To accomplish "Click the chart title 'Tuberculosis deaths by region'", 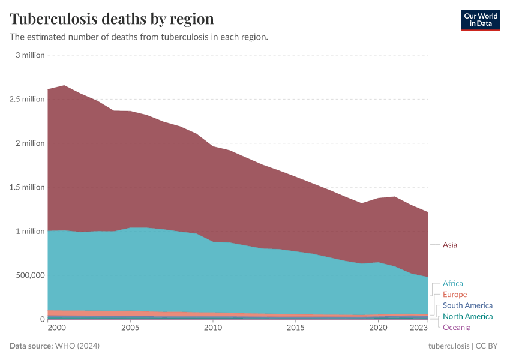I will (x=112, y=18).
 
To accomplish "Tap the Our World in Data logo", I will (x=480, y=20).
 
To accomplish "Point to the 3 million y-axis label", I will (x=30, y=55).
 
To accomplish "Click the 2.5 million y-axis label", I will (x=27, y=99).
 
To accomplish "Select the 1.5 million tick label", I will (x=27, y=187).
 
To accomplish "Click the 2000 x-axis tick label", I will (x=56, y=328).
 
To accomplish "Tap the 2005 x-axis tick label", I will (x=130, y=328).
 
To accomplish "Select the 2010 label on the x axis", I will (x=212, y=328).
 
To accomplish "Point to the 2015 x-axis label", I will (x=295, y=328).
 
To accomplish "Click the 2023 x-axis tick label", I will (x=419, y=328).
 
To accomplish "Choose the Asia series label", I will (x=450, y=245).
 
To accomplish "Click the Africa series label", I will (x=453, y=283).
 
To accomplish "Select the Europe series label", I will (x=455, y=295).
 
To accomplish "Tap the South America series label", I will (x=467, y=305).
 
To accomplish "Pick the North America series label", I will (x=467, y=316).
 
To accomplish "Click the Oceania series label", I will (x=457, y=327).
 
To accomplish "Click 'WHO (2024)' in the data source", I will (x=77, y=346).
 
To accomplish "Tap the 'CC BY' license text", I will (x=488, y=346).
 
